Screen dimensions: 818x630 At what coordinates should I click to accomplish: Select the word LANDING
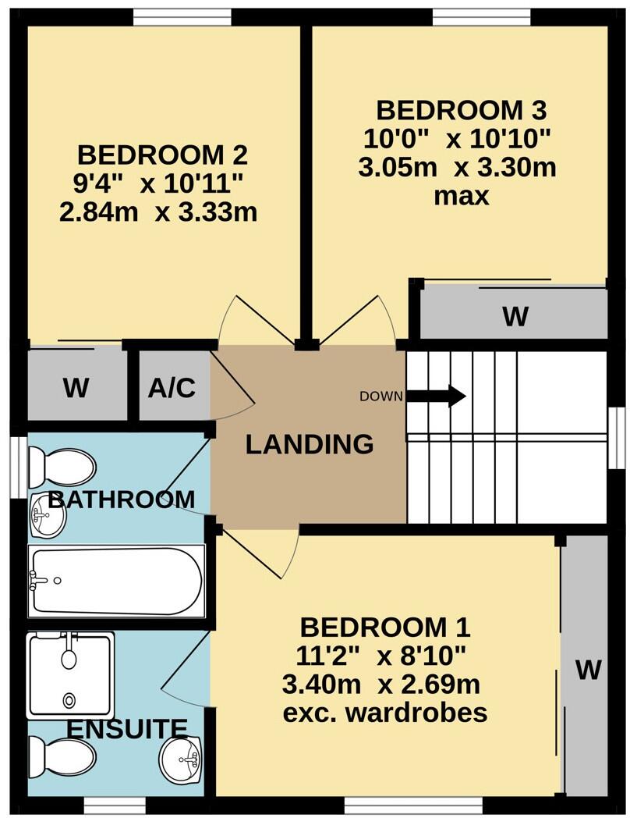(310, 445)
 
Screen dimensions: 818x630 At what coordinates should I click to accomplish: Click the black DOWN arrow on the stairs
(436, 396)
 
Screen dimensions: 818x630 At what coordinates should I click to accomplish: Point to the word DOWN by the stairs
(381, 397)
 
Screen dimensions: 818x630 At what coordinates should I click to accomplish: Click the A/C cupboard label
(172, 388)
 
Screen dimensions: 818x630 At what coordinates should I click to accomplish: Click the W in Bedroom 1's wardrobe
(589, 669)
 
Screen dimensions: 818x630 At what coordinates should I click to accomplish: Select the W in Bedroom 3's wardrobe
(515, 317)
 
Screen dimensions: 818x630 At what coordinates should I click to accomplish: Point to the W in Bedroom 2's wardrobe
(76, 388)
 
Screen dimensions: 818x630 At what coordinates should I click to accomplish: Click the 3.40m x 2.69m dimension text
(381, 685)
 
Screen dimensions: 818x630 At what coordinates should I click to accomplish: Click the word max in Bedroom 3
(462, 195)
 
